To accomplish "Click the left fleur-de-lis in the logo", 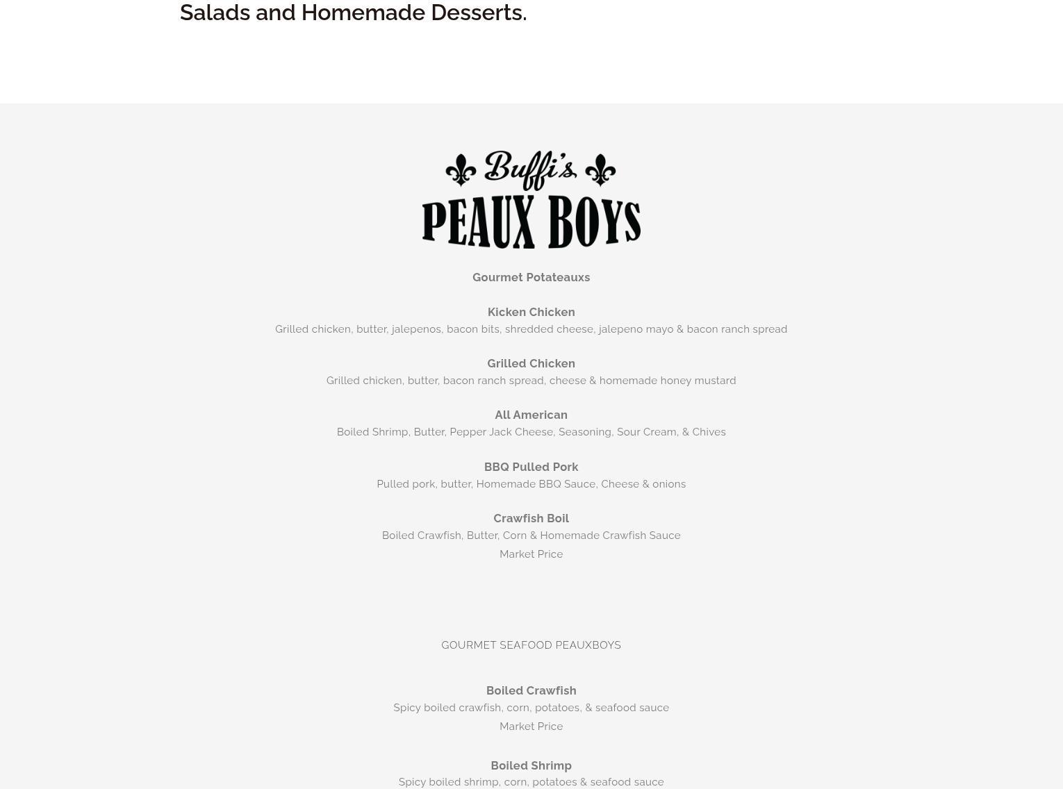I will point(461,170).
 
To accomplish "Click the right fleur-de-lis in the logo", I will point(600,170).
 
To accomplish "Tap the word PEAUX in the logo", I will point(477,222).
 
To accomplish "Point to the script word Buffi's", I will point(530,169).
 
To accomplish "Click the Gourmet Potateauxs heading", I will point(531,278).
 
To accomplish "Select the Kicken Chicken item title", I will point(531,313).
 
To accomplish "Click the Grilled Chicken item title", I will point(531,364).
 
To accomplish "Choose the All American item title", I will point(531,415).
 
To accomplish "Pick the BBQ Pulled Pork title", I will point(531,467).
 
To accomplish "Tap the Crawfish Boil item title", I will point(531,519).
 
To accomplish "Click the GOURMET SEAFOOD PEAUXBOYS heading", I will point(531,645).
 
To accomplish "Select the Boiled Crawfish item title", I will point(531,691).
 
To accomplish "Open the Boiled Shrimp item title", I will point(531,766).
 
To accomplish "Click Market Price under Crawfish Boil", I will point(531,554).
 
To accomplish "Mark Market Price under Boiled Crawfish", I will point(531,726).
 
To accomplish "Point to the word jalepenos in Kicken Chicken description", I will point(416,329).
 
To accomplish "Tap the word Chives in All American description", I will point(709,432).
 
